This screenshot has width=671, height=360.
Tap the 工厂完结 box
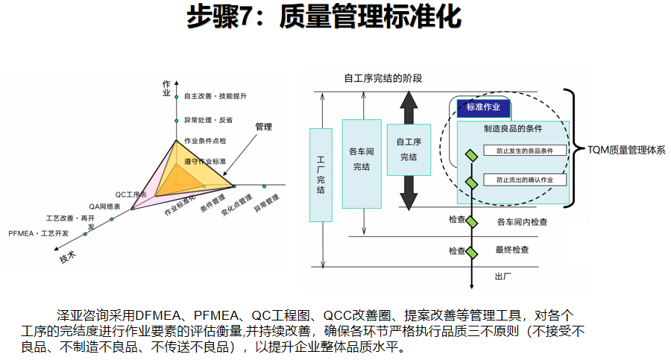321,174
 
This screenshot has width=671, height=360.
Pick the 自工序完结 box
408,150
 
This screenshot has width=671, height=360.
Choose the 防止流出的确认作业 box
525,180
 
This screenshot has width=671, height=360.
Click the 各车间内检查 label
522,221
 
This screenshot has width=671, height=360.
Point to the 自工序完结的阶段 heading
383,78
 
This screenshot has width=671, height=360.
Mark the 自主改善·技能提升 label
215,97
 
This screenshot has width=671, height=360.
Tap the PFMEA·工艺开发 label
39,233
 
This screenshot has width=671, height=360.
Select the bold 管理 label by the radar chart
263,127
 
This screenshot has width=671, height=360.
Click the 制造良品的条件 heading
513,128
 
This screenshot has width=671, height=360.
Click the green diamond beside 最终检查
471,252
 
